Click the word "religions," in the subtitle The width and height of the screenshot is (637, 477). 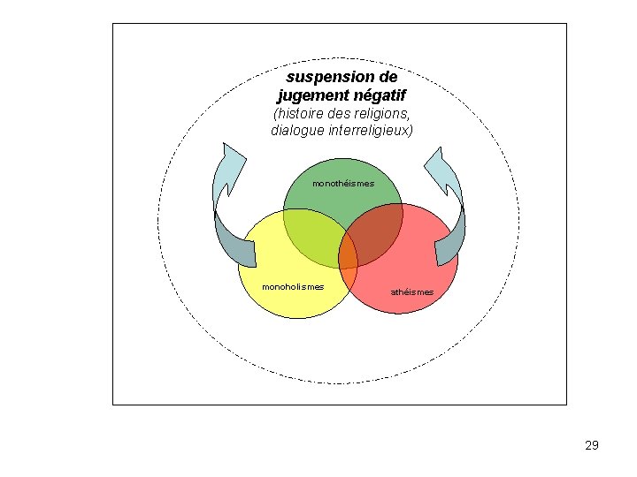coord(380,114)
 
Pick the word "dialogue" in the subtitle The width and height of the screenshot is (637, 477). coord(297,131)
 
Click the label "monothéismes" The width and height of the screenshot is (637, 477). coord(343,184)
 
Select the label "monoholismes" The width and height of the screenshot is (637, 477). coord(293,286)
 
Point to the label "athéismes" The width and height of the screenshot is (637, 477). coord(412,291)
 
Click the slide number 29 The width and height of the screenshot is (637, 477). coord(592,445)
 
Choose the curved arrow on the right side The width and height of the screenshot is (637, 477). coord(450,212)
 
